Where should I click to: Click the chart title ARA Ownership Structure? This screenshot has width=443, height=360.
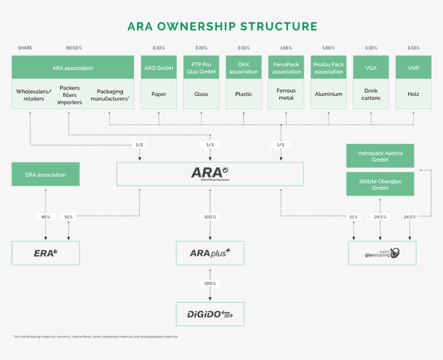(x=222, y=26)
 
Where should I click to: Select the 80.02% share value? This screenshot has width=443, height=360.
(x=74, y=48)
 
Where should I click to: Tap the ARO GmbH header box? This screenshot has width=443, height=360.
(x=159, y=68)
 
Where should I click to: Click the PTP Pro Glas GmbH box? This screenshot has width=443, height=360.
(x=201, y=68)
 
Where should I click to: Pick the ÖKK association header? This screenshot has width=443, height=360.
(x=244, y=68)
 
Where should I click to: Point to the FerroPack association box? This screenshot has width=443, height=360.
(x=286, y=68)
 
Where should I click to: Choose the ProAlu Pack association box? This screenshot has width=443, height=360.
(x=328, y=68)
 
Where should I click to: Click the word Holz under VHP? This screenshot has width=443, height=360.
(x=413, y=94)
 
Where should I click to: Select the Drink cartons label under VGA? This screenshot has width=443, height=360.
(x=371, y=94)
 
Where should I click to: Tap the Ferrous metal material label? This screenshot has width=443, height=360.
(x=286, y=94)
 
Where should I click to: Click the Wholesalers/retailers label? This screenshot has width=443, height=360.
(x=33, y=95)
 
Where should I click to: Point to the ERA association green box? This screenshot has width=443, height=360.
(x=45, y=174)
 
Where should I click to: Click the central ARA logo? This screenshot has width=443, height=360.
(x=210, y=173)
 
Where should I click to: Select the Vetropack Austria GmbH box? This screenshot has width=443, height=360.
(x=380, y=156)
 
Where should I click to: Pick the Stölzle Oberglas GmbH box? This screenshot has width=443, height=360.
(x=380, y=185)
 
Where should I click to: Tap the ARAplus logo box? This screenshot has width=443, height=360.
(x=210, y=253)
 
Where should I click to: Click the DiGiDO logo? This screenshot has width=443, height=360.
(x=210, y=314)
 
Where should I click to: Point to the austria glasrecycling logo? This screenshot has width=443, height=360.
(x=382, y=253)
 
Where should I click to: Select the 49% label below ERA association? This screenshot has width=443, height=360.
(x=45, y=217)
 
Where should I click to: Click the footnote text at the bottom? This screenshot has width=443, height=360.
(x=95, y=336)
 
